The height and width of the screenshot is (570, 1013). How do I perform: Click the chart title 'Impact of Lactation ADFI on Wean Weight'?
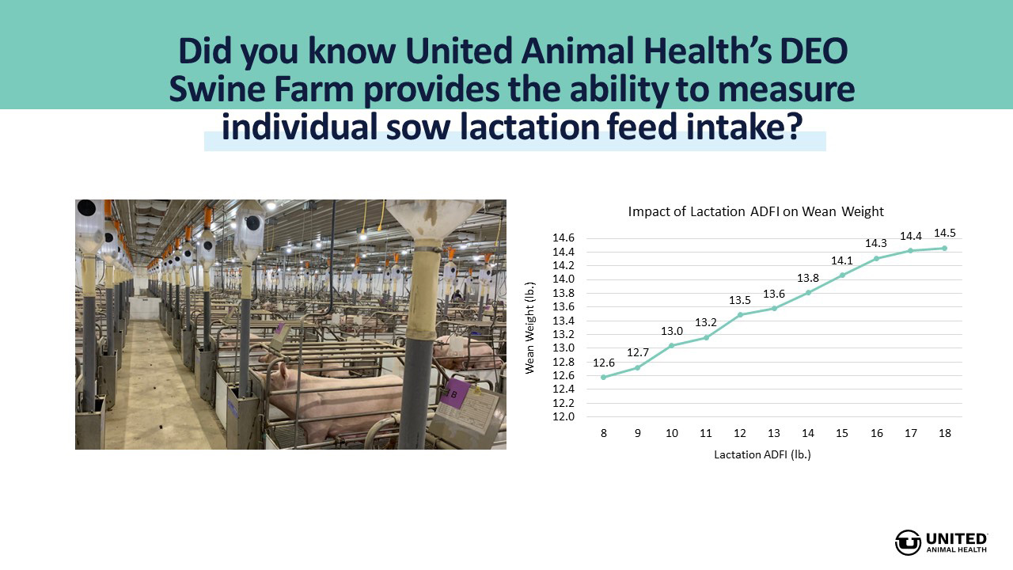(756, 211)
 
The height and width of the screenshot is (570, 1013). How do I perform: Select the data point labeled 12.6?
(603, 377)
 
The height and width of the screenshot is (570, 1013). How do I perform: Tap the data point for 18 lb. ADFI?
(944, 248)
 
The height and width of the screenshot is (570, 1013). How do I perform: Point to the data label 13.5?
(740, 300)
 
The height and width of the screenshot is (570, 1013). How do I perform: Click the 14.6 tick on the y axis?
(563, 238)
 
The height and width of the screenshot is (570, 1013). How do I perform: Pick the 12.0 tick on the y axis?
(563, 416)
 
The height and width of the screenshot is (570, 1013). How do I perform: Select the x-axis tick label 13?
(774, 433)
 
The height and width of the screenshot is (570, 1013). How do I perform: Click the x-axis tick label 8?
(603, 433)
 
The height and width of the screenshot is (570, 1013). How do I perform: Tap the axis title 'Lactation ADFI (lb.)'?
(762, 454)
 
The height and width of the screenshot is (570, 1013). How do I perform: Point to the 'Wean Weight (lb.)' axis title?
(529, 328)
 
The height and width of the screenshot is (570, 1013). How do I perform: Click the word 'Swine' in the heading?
(217, 89)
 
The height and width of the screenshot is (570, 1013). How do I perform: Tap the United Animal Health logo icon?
(908, 542)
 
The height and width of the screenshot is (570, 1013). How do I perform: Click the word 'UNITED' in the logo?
(957, 539)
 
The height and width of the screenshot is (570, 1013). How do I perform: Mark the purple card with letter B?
(453, 393)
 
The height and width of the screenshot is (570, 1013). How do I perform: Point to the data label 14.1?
(841, 261)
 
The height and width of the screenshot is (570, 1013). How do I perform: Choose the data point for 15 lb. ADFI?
(842, 275)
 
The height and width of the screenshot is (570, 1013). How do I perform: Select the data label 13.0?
(672, 332)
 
